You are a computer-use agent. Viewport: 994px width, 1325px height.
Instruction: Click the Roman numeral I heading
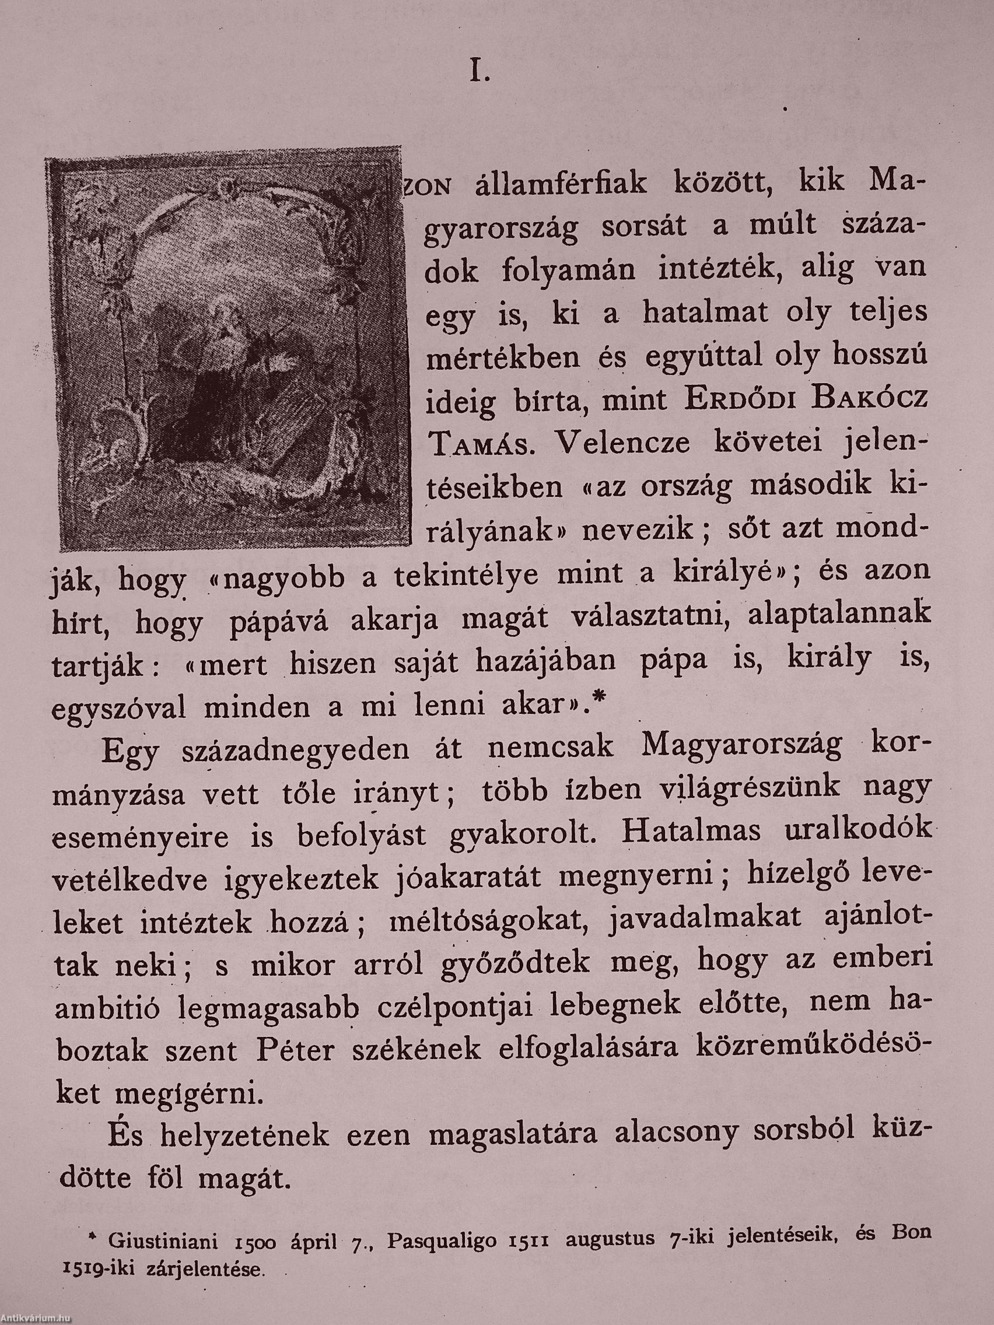[479, 73]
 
